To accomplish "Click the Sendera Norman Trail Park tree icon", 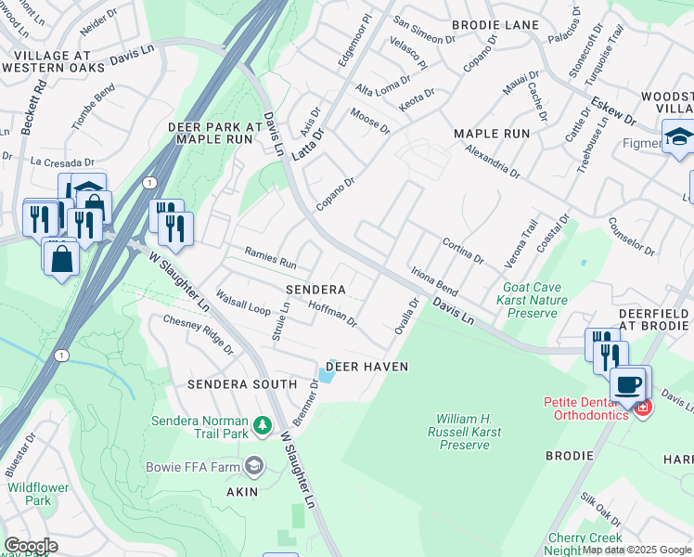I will click(x=263, y=425).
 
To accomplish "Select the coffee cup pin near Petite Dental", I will click(x=628, y=383).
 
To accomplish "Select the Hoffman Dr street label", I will click(x=332, y=314).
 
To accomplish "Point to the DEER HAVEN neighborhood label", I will click(x=367, y=367).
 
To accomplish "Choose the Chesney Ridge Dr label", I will click(x=198, y=333).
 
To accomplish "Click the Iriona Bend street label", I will click(x=434, y=281).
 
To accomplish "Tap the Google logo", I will click(x=31, y=546).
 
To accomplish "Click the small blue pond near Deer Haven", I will click(x=327, y=374).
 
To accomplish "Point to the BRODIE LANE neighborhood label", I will click(x=489, y=26).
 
